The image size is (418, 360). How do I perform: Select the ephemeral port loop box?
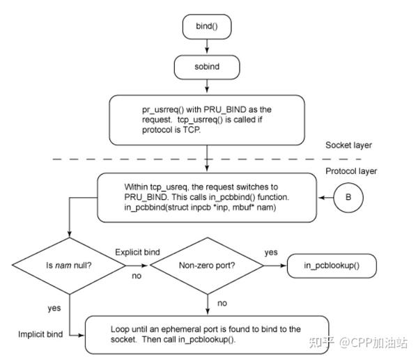206,334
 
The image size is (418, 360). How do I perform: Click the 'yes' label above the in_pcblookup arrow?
272,253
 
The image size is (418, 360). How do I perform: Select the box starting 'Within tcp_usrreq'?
206,198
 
